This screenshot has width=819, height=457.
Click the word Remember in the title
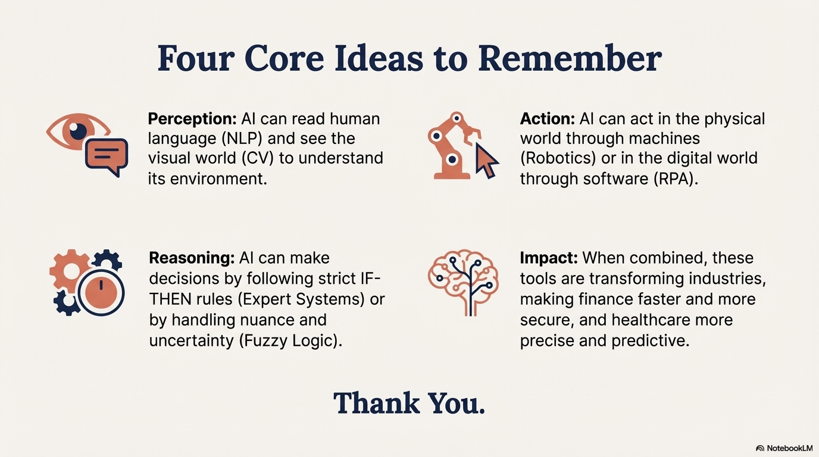(x=570, y=59)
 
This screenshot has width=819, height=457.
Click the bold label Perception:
(x=192, y=119)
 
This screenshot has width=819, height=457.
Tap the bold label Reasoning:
(x=192, y=258)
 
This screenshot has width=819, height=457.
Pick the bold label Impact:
(x=549, y=258)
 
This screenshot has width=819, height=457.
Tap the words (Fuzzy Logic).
(x=290, y=341)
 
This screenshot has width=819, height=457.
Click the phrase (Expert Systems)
(x=301, y=299)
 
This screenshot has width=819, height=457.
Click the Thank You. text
(x=409, y=403)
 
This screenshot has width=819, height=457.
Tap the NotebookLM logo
(x=784, y=448)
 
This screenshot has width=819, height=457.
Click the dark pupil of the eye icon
(x=78, y=131)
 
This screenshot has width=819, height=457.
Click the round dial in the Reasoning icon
(x=101, y=293)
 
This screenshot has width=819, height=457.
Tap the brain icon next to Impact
(x=463, y=281)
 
